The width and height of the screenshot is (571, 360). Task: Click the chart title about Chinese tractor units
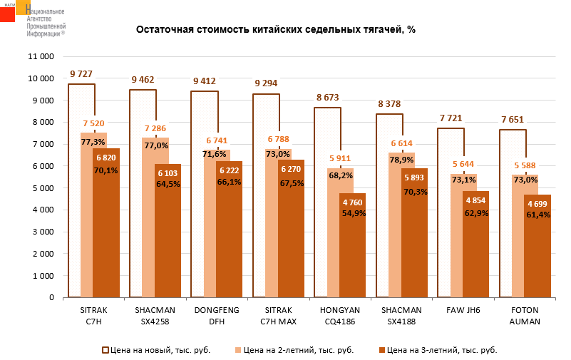point(275,30)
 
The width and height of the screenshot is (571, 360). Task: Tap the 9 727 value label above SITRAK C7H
point(81,74)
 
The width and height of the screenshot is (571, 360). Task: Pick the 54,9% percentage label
point(353,213)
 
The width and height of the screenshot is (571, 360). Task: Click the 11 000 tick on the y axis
point(40,56)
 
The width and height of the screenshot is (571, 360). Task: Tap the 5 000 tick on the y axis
point(43,188)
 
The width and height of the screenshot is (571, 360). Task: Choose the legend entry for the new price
point(156,350)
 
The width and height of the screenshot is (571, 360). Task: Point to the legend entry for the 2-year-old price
point(294,350)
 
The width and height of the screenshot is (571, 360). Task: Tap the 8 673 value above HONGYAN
point(328,97)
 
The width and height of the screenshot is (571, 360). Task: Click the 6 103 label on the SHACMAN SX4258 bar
point(168,173)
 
